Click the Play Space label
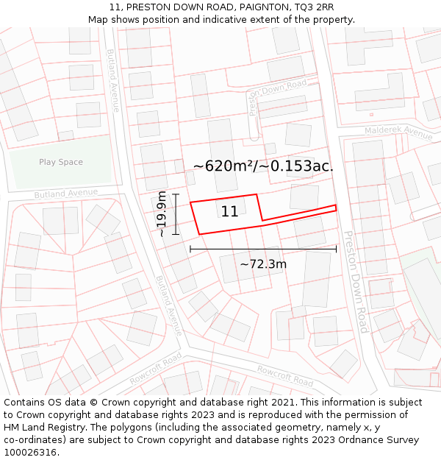[x=61, y=162]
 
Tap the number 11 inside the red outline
[x=229, y=212]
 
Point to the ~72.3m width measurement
[x=263, y=263]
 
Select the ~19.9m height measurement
[x=162, y=213]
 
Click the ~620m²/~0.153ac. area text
[x=263, y=166]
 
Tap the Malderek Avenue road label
[x=398, y=133]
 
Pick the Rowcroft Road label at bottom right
[x=285, y=376]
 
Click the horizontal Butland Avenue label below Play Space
[x=65, y=194]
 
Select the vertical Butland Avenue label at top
[x=113, y=80]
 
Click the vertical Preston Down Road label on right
[x=356, y=282]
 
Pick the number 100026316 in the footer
[x=31, y=452]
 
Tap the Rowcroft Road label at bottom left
[x=155, y=368]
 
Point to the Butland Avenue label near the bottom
[x=168, y=305]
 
